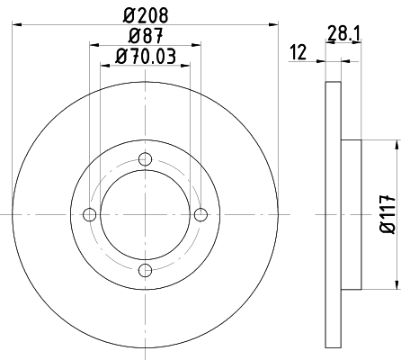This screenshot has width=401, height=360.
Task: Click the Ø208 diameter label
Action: point(146,15)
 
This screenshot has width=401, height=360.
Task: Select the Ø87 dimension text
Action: point(146,36)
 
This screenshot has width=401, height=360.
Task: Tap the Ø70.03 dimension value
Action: point(146,56)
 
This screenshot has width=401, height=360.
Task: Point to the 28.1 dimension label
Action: point(343,33)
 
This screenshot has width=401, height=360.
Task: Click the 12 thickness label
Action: point(299,52)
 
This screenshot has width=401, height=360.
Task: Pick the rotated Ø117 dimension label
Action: point(388,214)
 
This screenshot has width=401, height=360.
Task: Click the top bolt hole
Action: point(146,158)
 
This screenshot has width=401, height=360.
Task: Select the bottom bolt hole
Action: point(146,270)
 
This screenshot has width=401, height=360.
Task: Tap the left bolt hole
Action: point(89,214)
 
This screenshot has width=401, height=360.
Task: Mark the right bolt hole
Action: point(200,214)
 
